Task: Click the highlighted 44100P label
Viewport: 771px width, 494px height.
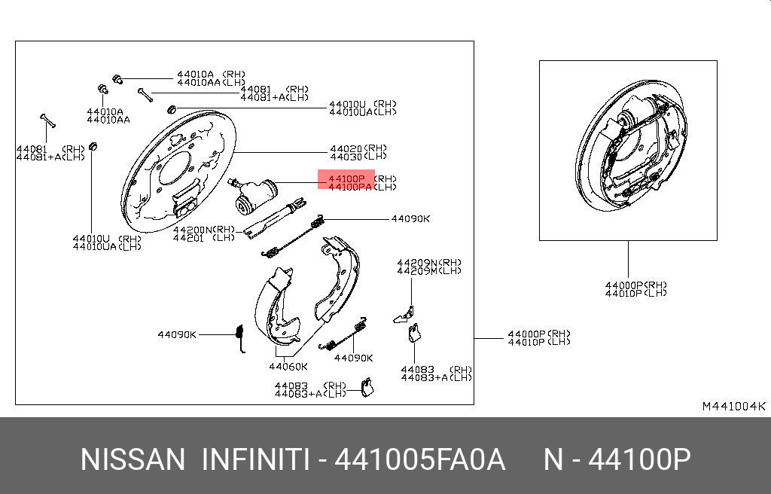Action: coord(346,178)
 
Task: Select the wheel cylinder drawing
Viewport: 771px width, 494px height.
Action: coord(252,195)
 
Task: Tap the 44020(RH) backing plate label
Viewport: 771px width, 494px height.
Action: coord(358,148)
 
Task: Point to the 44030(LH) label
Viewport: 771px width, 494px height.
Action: coord(358,157)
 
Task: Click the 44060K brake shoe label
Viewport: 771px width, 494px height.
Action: coord(288,366)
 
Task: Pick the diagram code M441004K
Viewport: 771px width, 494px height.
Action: coord(733,407)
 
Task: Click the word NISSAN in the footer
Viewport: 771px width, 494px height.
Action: coord(133,459)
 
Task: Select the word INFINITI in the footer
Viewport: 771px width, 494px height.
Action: coord(256,459)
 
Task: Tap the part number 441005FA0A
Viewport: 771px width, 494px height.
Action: coord(420,459)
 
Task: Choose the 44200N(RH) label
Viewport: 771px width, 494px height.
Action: coord(204,229)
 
